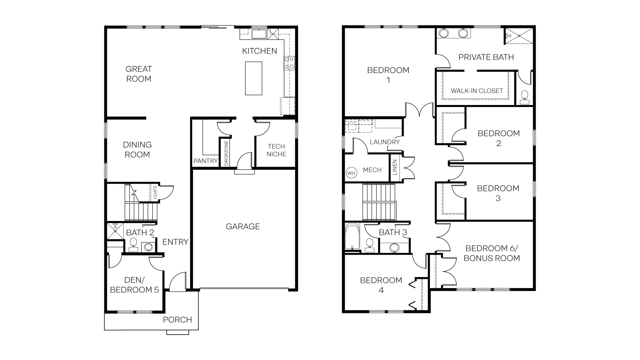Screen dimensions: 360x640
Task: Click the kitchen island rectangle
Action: click(x=253, y=78)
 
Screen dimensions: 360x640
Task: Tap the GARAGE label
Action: click(x=243, y=227)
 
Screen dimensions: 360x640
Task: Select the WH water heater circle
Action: click(x=351, y=173)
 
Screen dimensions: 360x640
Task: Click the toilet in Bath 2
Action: click(x=133, y=244)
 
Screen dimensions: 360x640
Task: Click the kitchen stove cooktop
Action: click(x=289, y=63)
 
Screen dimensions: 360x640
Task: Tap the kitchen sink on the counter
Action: click(x=258, y=34)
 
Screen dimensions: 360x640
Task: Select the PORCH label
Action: click(x=177, y=320)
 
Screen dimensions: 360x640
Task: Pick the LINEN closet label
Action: click(x=395, y=167)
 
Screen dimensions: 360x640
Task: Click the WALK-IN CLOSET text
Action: click(x=477, y=91)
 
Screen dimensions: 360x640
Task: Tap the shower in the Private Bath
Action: click(x=518, y=36)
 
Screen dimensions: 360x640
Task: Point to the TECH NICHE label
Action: click(x=276, y=150)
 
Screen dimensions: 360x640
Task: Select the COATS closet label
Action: click(x=155, y=193)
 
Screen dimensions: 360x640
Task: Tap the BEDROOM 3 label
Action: click(x=498, y=193)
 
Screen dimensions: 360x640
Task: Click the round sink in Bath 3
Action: click(x=394, y=248)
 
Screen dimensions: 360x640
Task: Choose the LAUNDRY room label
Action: click(x=385, y=142)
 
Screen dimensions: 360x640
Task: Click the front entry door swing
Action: click(x=177, y=282)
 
